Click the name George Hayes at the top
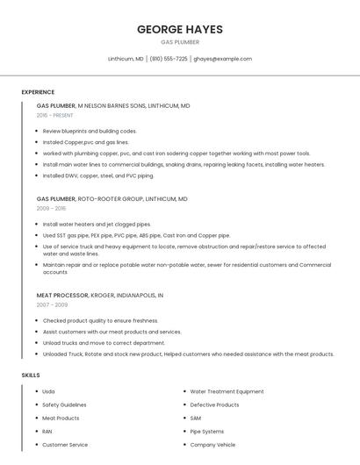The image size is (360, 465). tap(180, 29)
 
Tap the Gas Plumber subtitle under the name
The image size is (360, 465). tap(180, 42)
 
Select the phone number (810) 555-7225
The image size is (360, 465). tap(169, 59)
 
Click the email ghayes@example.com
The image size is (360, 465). tap(223, 59)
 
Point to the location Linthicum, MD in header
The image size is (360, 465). tap(126, 59)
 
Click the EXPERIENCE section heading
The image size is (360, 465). tap(38, 92)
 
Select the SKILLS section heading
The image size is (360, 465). tap(31, 376)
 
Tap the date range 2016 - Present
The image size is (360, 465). tap(55, 115)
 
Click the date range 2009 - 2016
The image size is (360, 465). tap(51, 208)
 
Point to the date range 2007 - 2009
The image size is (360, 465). tap(52, 304)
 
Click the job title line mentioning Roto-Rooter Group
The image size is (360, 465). tap(112, 199)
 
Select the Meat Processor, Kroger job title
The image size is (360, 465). tap(100, 296)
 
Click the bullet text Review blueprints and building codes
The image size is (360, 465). tap(90, 131)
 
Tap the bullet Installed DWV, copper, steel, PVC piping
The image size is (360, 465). tap(97, 175)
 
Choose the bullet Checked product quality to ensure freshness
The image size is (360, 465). tap(100, 321)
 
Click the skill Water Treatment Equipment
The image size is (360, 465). tap(227, 391)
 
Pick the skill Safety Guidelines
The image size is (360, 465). tap(64, 404)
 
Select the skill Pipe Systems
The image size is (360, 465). tap(207, 432)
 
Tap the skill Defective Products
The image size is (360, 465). tap(214, 404)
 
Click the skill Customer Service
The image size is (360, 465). tap(65, 445)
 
